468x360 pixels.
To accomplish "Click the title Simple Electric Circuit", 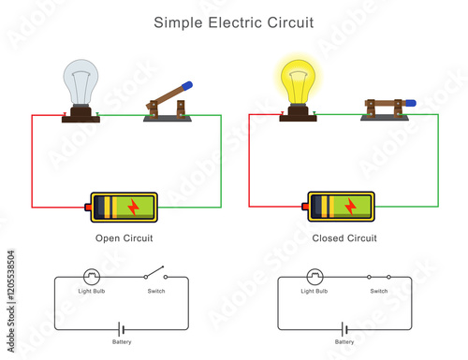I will coord(234,21).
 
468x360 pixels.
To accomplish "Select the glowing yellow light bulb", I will coord(296,82).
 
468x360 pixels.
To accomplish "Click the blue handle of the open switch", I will coord(186,84).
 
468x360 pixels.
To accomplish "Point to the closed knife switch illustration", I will coord(384,109).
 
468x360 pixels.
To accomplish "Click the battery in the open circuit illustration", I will coord(124,206).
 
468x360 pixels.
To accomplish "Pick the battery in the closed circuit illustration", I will coord(342,206).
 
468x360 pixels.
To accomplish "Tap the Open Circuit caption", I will coord(124,238).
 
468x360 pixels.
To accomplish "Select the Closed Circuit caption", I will coord(344,238).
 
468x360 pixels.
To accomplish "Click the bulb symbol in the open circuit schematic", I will coord(92,277).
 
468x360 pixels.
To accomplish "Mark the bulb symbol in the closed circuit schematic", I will coord(314,277).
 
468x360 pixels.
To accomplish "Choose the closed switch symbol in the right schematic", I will coord(379,277).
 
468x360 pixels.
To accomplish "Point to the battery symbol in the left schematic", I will coord(119,329).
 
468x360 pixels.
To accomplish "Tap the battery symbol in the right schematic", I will coord(344,329).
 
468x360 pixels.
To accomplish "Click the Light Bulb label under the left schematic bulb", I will coord(92,292).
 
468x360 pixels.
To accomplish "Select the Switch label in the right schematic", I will coord(379,292).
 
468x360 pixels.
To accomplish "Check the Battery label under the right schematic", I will coord(344,343).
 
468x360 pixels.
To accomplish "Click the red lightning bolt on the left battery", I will coord(132,206).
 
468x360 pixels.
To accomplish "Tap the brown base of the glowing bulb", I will coord(297,115).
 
